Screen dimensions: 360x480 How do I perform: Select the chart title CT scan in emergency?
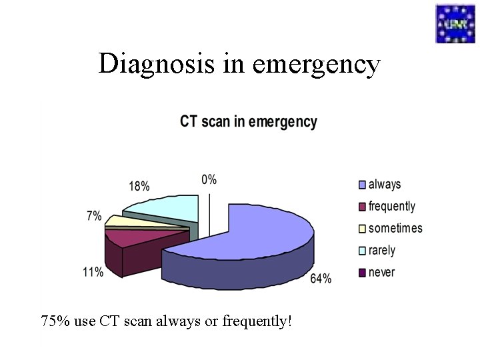[249, 122]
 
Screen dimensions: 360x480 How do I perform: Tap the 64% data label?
[321, 279]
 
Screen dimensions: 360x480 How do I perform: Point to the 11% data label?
[93, 272]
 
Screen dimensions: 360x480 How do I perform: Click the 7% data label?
[94, 217]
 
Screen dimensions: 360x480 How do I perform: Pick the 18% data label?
[139, 187]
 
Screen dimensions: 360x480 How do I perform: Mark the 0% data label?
[209, 179]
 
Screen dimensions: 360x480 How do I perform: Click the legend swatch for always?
[362, 184]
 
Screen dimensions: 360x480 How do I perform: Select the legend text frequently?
[391, 206]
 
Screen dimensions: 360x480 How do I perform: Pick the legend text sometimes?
[395, 228]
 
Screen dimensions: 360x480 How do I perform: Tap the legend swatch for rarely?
[362, 251]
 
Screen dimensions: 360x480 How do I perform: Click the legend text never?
[381, 272]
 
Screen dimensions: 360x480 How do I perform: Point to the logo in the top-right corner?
[455, 23]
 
